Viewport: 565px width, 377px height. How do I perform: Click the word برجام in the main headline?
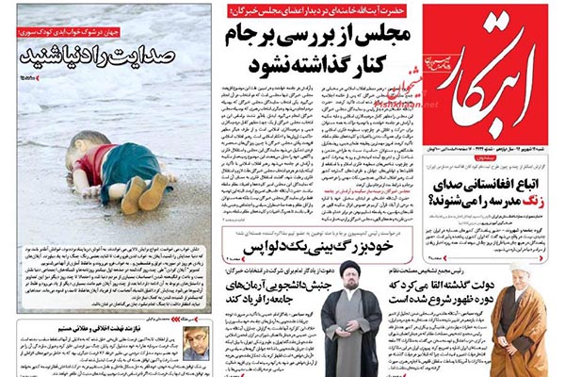(x=254, y=36)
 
